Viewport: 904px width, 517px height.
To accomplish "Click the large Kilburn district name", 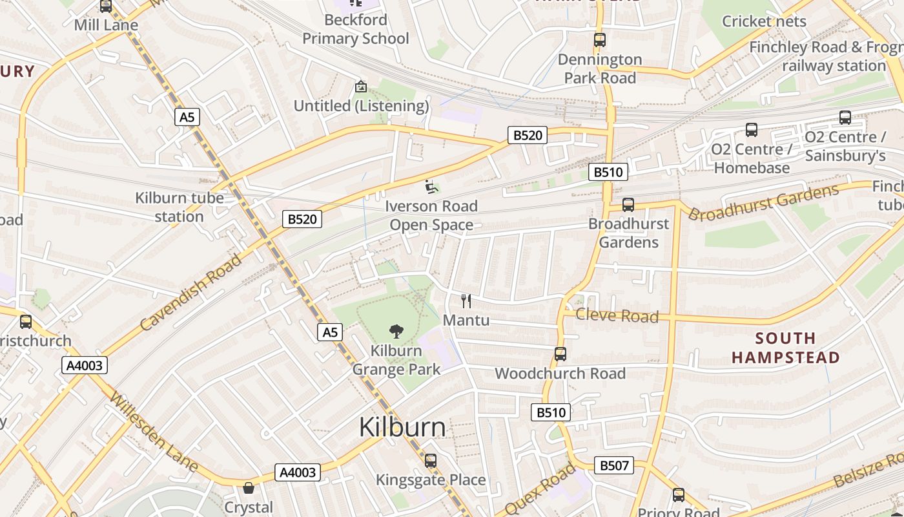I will [402, 427].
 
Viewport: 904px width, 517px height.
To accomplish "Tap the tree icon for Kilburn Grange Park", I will [396, 332].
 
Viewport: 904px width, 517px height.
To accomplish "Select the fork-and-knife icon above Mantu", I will [466, 301].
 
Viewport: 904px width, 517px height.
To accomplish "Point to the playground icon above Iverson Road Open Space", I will [431, 187].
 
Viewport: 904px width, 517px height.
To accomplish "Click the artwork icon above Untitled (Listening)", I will [361, 86].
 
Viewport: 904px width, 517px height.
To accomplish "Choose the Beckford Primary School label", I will [356, 29].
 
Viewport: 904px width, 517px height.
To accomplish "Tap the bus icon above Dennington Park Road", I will [600, 40].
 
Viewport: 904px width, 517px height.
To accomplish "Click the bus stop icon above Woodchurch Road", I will [560, 354].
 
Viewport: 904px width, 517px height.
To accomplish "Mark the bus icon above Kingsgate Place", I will [431, 461].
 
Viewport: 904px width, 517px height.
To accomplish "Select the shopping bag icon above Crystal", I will [249, 488].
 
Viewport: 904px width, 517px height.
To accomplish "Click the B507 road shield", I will [613, 465].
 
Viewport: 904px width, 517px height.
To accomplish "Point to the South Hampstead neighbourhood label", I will [785, 348].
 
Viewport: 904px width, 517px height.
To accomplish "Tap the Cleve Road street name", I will [617, 315].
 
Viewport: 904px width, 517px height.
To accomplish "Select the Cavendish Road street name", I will [191, 293].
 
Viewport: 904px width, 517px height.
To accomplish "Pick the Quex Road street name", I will [540, 488].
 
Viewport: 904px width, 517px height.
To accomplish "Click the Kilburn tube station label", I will [180, 207].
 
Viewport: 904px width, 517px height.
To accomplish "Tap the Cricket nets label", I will [764, 21].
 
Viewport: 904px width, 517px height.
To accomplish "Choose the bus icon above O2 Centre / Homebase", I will [752, 130].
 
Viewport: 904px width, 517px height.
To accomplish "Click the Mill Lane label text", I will [106, 25].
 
